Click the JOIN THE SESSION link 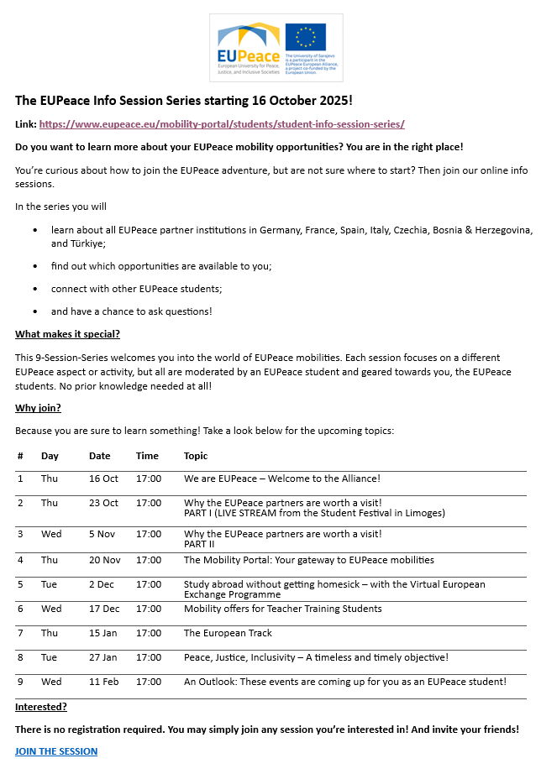(56, 751)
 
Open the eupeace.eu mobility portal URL (222, 124)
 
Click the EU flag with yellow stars (305, 37)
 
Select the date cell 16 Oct (103, 479)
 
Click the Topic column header (196, 456)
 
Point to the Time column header (147, 456)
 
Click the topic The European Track (228, 633)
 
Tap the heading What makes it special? (67, 334)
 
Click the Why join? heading (38, 408)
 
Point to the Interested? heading (41, 707)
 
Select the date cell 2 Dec (101, 584)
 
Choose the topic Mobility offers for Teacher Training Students (282, 609)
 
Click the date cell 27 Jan (103, 657)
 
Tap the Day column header (50, 456)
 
